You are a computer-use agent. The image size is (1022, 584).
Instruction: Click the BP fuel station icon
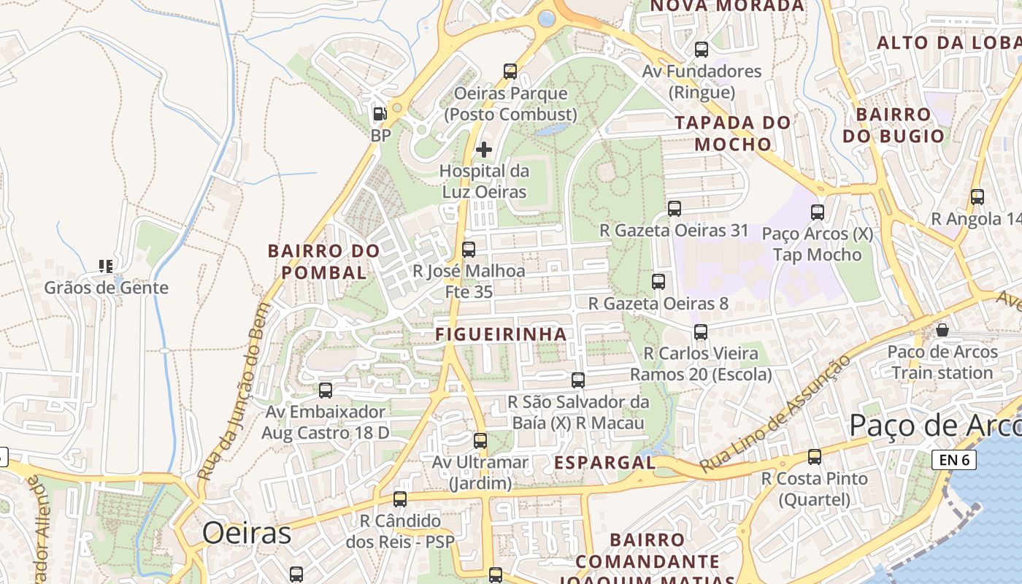[x=380, y=114]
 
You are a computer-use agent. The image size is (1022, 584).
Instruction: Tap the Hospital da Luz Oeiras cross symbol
[x=483, y=150]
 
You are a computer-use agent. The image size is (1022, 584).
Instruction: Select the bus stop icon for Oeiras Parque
[x=510, y=72]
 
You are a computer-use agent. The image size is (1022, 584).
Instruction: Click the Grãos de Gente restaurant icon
[x=106, y=266]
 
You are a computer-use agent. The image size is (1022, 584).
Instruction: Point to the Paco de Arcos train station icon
[x=942, y=330]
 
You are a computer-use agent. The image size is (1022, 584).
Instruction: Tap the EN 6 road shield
[x=954, y=460]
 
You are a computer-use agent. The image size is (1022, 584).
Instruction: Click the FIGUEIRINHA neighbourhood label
[x=501, y=334]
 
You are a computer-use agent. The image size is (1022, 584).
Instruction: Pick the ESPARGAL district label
[x=604, y=463]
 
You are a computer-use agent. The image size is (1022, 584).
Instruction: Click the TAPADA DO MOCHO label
[x=733, y=133]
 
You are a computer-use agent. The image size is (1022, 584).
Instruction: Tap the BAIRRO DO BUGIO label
[x=894, y=126]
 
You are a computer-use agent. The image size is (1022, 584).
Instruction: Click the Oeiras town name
[x=247, y=534]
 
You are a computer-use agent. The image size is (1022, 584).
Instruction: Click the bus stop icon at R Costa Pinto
[x=815, y=457]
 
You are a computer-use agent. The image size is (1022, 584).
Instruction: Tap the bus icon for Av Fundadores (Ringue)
[x=702, y=50]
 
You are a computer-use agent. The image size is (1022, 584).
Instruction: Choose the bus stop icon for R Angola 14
[x=977, y=197]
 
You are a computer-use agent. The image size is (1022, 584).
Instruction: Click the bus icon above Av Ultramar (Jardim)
[x=480, y=441]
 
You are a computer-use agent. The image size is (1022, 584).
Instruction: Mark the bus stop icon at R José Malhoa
[x=469, y=250]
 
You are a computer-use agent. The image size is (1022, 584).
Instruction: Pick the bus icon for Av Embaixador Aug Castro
[x=326, y=391]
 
